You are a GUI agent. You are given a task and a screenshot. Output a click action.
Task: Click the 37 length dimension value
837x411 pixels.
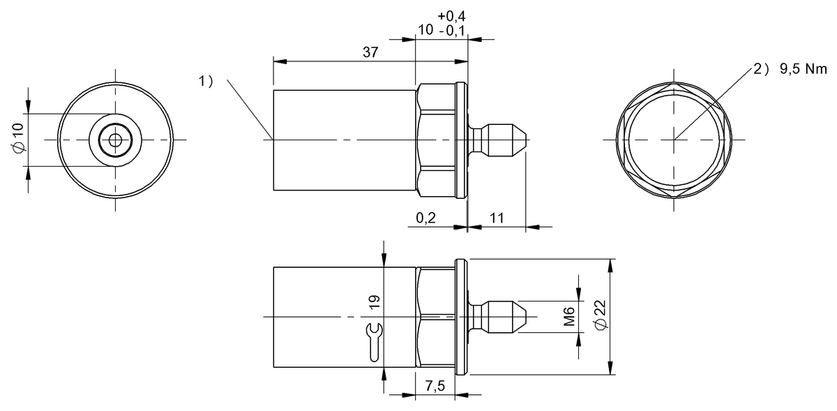coord(370,52)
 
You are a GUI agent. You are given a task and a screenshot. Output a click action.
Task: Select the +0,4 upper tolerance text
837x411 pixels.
coord(451,16)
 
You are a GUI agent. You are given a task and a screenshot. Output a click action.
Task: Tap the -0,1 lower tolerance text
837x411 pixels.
coord(453,31)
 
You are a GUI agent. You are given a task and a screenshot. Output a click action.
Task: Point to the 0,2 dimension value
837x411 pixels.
coord(425,218)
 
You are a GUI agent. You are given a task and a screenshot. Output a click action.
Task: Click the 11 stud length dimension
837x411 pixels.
coord(497,218)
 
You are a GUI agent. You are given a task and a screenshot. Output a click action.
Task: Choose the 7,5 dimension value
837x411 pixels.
coord(435,386)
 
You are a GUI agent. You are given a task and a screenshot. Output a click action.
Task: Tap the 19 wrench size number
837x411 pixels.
coord(374,302)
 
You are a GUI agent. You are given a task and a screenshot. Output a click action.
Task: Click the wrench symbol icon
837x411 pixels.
coord(374,342)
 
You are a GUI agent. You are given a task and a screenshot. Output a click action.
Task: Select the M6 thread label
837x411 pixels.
coord(568,316)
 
